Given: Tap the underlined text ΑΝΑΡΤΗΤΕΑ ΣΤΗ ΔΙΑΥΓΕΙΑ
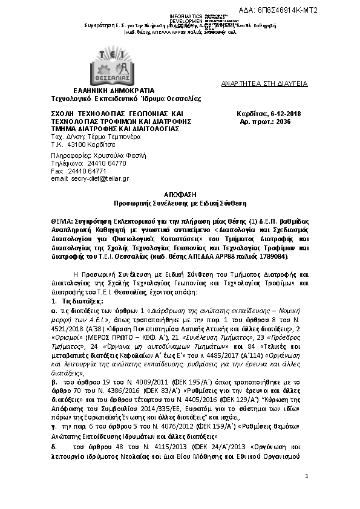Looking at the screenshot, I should click(264, 83).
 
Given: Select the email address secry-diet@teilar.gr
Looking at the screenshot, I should click(99, 179).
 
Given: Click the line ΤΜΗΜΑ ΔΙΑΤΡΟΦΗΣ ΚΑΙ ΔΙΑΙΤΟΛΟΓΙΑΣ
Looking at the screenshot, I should click(116, 129).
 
